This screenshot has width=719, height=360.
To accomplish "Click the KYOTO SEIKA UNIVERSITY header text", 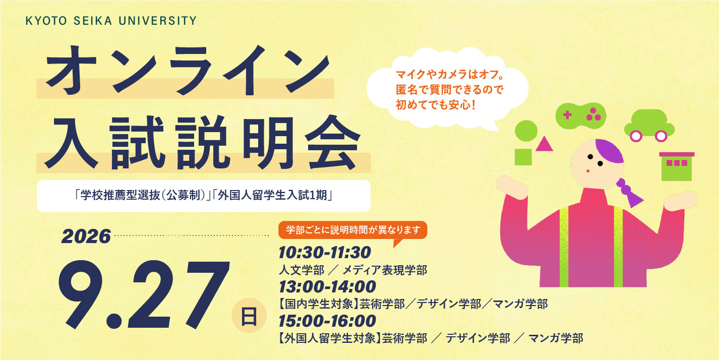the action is [x=111, y=21].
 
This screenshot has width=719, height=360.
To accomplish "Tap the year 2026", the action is [x=86, y=237].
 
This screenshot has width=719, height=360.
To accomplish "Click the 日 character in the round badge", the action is [x=249, y=316].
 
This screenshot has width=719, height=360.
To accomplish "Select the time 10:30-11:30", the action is [x=325, y=253].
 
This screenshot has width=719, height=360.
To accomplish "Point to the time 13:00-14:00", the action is [x=327, y=287].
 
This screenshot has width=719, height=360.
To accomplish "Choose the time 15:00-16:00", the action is [x=327, y=321].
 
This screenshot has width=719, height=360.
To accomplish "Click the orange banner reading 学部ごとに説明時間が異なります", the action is [x=353, y=230].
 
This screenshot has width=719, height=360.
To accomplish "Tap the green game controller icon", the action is [x=581, y=115].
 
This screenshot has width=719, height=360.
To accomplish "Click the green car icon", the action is [x=649, y=125].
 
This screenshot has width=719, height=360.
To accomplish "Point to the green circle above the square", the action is [x=526, y=131].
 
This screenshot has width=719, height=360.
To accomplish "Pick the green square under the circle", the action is [x=523, y=157].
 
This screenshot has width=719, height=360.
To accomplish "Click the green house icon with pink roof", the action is [x=677, y=166].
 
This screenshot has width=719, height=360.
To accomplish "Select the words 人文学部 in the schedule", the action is [x=302, y=270].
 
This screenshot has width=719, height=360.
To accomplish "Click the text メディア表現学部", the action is [x=385, y=270].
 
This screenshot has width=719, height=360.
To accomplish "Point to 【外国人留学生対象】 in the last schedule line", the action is [x=330, y=338].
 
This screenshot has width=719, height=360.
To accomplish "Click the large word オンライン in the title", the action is [x=188, y=71].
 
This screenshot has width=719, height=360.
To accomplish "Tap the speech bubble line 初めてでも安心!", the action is [x=435, y=105].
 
